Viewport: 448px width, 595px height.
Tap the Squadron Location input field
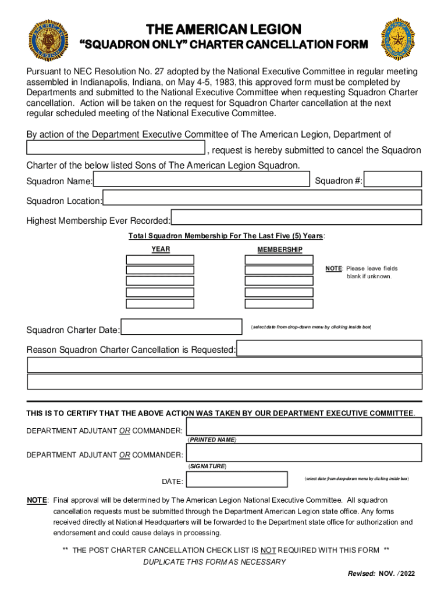pos(262,198)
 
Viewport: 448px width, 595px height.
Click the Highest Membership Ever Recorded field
pos(297,217)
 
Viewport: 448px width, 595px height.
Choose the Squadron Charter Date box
pos(182,327)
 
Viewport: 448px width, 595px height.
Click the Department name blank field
pos(116,149)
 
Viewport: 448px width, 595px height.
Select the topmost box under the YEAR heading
pos(160,259)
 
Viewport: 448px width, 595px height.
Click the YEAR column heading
pos(161,249)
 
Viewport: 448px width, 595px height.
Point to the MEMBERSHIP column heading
pos(280,249)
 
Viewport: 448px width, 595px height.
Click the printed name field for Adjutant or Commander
pos(304,427)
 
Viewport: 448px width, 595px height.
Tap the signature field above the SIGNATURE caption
pos(304,452)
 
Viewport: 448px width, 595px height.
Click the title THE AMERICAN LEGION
pos(223,29)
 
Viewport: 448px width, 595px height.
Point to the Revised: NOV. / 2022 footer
pos(381,574)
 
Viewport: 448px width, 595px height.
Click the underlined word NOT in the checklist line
pos(268,550)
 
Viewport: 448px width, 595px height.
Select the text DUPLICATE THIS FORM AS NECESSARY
pos(214,562)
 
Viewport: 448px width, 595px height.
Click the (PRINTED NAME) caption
pos(212,440)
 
